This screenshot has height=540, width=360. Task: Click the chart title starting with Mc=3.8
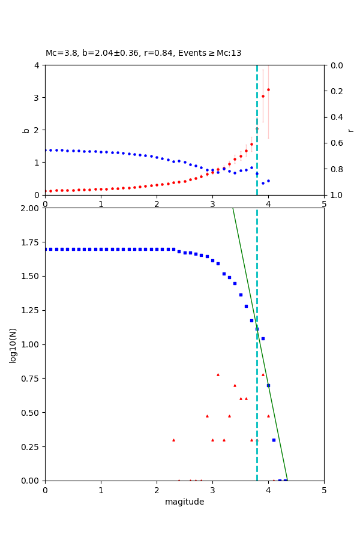pyautogui.click(x=143, y=53)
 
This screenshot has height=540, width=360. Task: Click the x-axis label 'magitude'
pyautogui.click(x=184, y=502)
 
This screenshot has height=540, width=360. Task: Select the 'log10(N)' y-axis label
pyautogui.click(x=13, y=344)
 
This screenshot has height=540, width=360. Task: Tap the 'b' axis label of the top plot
pyautogui.click(x=26, y=130)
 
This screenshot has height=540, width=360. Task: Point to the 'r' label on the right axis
pyautogui.click(x=351, y=130)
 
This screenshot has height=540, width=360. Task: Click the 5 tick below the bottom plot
pyautogui.click(x=324, y=490)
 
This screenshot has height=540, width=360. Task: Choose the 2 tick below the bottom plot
pyautogui.click(x=157, y=490)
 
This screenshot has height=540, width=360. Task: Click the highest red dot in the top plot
pyautogui.click(x=268, y=89)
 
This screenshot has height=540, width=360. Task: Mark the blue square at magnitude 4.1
pyautogui.click(x=274, y=440)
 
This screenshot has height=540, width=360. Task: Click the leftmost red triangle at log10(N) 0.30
pyautogui.click(x=173, y=440)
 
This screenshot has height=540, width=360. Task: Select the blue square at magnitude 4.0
pyautogui.click(x=268, y=385)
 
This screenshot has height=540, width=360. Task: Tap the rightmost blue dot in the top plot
pyautogui.click(x=268, y=181)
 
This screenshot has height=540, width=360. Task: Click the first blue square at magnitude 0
pyautogui.click(x=45, y=249)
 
